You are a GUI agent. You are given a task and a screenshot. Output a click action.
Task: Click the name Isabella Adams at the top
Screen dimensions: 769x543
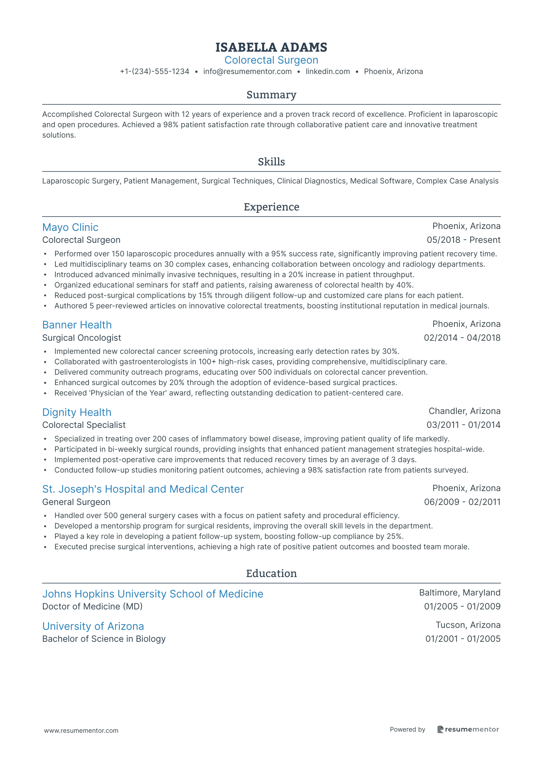click(x=271, y=47)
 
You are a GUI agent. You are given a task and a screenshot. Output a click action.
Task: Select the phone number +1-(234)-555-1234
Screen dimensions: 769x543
click(x=154, y=71)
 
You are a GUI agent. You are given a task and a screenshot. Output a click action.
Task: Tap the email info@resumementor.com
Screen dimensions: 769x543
click(x=247, y=71)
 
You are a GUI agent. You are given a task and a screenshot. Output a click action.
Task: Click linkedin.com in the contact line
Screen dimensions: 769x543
click(x=328, y=71)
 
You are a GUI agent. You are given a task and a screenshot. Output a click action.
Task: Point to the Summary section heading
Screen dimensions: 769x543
click(x=271, y=95)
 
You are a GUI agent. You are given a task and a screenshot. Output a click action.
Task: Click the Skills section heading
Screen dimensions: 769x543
click(x=271, y=162)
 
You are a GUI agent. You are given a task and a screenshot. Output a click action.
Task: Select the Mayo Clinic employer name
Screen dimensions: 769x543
click(x=70, y=227)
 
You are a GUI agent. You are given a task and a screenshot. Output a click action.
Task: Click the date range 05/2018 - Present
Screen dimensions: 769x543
click(x=463, y=240)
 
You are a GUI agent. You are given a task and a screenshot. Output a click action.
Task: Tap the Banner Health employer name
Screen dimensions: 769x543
click(x=77, y=325)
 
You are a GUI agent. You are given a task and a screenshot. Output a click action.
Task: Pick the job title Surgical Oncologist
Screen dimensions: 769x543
click(x=82, y=338)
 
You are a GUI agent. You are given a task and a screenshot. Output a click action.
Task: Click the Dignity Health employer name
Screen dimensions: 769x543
click(x=77, y=412)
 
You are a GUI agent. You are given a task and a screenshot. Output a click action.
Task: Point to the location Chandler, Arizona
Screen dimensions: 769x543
click(x=464, y=411)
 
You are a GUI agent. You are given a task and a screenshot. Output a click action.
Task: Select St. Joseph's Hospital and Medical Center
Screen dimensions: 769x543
click(x=143, y=489)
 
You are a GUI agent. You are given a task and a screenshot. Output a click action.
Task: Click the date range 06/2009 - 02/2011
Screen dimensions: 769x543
click(x=462, y=502)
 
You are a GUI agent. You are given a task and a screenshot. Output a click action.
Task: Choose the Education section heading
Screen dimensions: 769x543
click(x=271, y=574)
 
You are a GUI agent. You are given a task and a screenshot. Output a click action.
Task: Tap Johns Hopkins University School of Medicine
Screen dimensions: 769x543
click(x=153, y=594)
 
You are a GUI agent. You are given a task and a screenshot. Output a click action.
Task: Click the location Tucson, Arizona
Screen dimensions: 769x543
click(x=468, y=625)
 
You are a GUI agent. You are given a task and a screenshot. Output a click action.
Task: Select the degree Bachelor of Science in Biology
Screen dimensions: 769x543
click(x=104, y=639)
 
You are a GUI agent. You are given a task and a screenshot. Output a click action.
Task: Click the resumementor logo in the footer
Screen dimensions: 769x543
click(x=468, y=729)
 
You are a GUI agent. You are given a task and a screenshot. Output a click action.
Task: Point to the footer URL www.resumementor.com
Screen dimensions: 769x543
click(x=81, y=730)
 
